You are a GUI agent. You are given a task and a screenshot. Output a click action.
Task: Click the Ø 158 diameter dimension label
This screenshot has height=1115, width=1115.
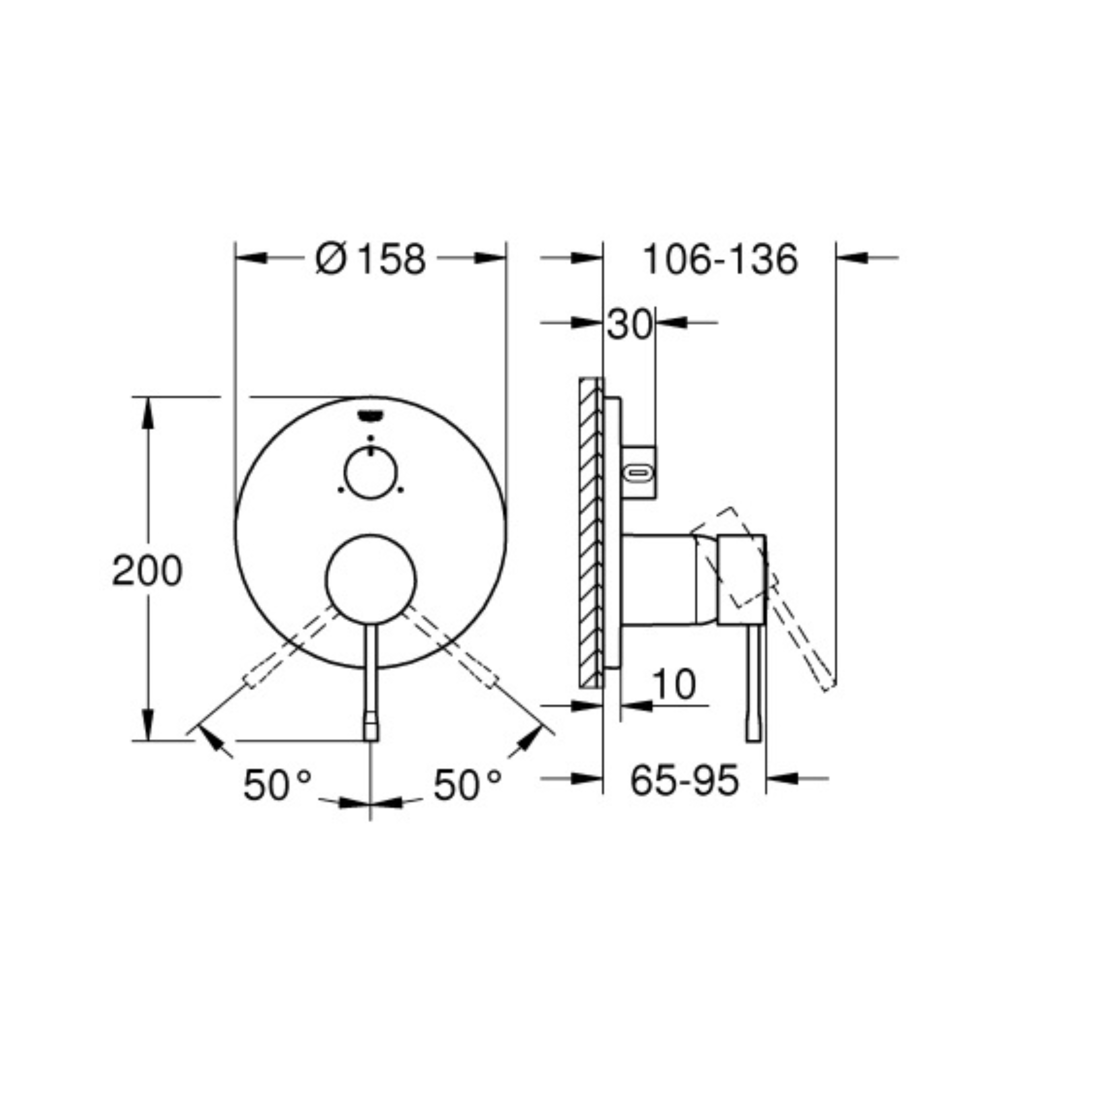click(x=371, y=259)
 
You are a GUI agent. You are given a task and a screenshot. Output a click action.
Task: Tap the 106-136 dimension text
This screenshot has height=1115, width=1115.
click(x=720, y=259)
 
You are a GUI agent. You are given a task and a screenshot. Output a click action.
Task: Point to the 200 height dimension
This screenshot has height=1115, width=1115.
click(x=147, y=571)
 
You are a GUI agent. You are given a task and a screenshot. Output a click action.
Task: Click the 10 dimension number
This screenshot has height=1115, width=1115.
click(x=674, y=685)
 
